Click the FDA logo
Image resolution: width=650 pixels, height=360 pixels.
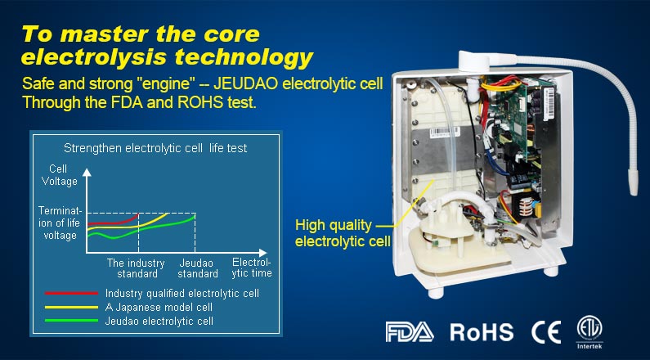point(410,332)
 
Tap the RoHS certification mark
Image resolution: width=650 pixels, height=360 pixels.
point(482,332)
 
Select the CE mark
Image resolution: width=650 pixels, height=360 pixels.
point(546,332)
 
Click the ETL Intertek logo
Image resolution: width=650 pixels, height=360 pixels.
point(589,331)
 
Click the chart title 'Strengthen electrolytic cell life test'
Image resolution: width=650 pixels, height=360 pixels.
point(155,148)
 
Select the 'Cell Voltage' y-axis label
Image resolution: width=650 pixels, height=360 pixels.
point(59,175)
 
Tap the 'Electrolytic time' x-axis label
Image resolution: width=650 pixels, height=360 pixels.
point(252,268)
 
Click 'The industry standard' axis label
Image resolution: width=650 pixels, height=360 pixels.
point(136,268)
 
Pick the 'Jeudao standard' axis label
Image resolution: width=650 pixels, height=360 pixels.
point(198,268)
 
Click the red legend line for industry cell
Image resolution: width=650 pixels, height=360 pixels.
point(71,293)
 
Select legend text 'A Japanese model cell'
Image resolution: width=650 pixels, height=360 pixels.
point(159,308)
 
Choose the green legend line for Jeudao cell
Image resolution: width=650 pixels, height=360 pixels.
point(71,321)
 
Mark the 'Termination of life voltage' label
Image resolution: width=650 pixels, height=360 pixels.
point(58,223)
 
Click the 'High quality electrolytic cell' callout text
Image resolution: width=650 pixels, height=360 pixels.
point(343,233)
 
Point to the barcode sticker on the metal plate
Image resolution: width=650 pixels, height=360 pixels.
point(445,133)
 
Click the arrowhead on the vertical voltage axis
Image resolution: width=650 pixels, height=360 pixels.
point(87,172)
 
